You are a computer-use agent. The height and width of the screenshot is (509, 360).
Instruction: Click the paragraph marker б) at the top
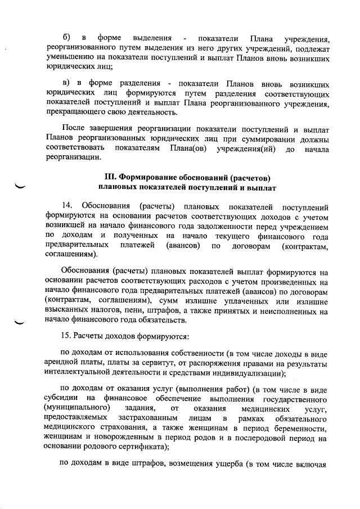click(66, 38)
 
